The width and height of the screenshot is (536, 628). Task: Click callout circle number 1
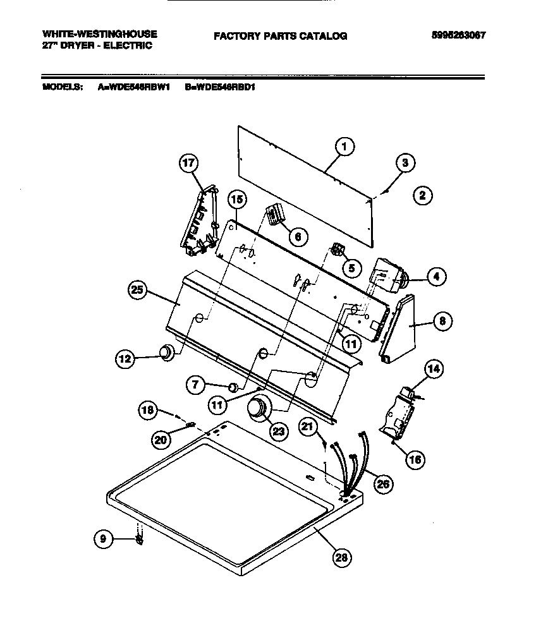(x=344, y=147)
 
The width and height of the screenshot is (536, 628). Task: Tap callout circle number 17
(x=187, y=164)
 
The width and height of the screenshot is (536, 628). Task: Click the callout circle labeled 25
(x=138, y=291)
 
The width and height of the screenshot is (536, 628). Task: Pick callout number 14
(x=433, y=369)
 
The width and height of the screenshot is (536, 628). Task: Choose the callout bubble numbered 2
(x=422, y=196)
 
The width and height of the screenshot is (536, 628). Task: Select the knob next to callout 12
(x=166, y=353)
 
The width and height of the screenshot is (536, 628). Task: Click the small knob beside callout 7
(x=233, y=387)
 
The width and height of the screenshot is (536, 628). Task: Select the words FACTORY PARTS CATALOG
(x=280, y=36)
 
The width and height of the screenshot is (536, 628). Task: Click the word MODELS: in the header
(x=62, y=88)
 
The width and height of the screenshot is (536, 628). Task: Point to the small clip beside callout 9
(x=138, y=538)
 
